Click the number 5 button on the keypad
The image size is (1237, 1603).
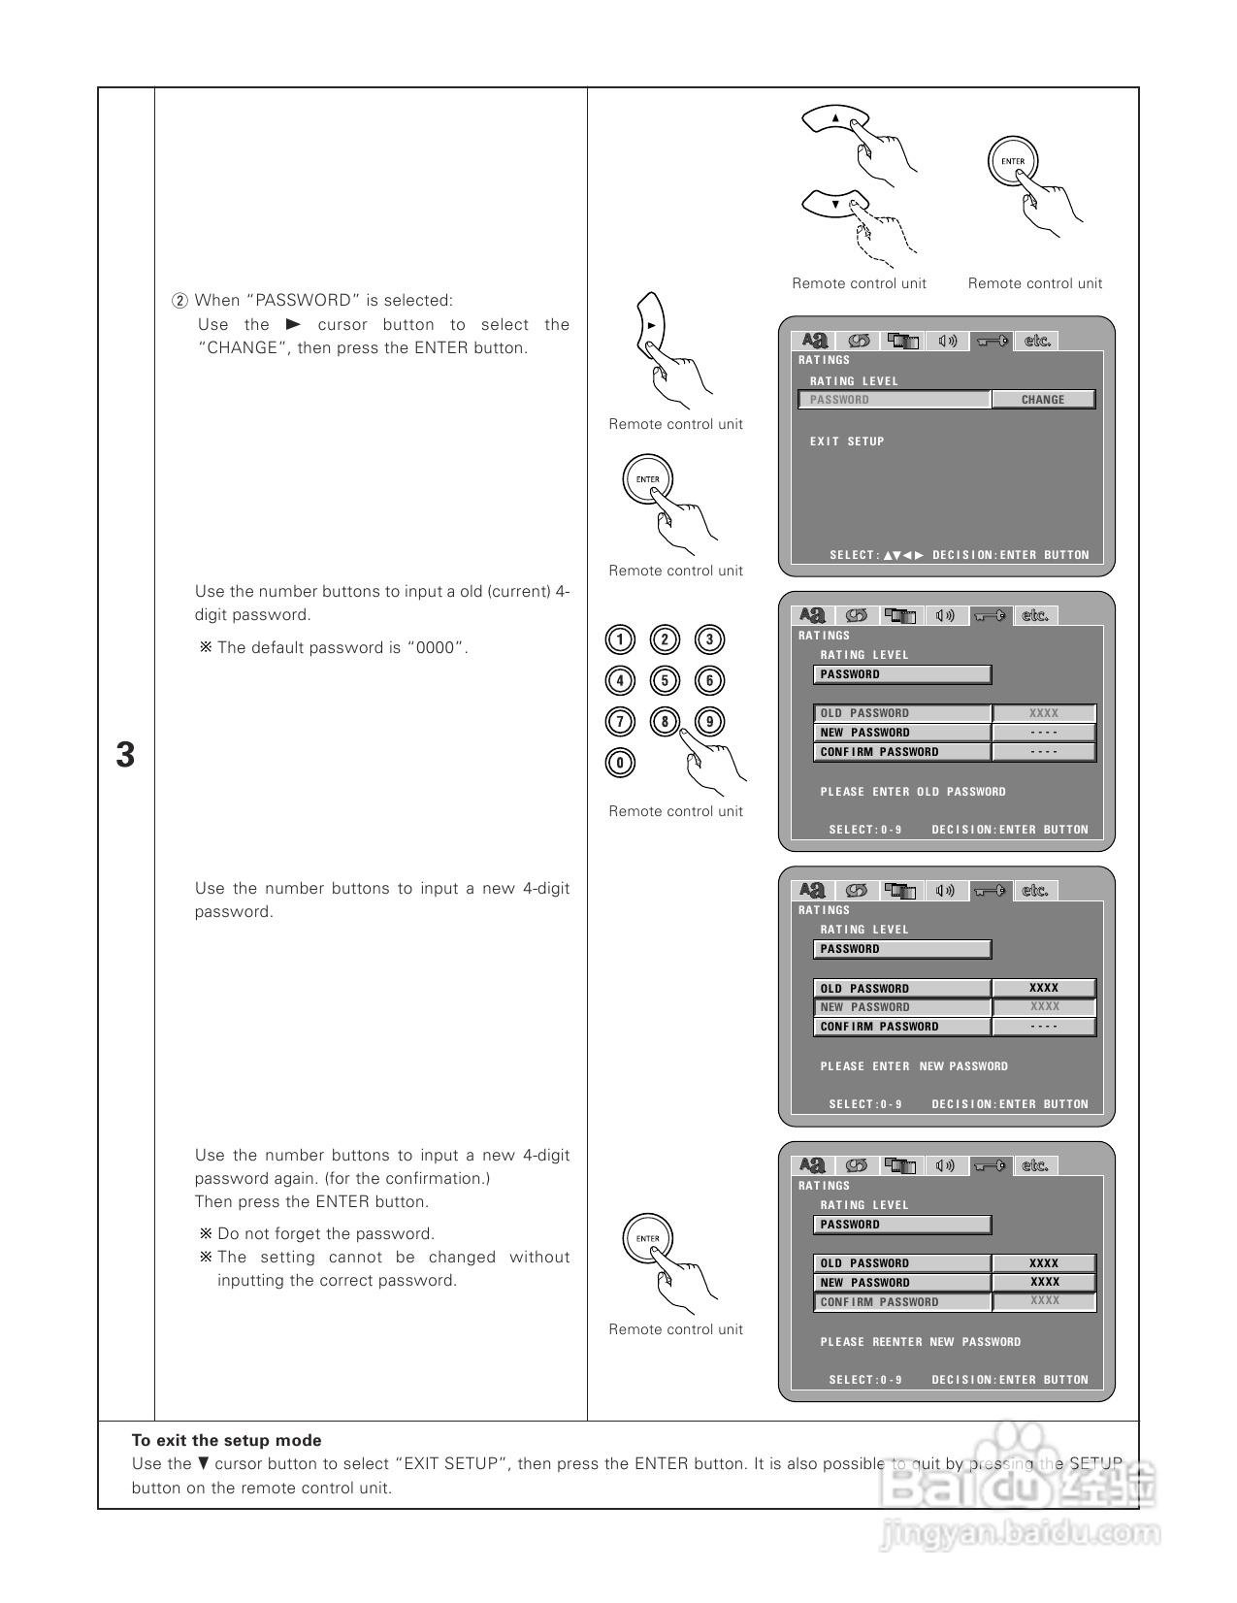click(x=665, y=680)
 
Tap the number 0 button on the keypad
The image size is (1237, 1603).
click(x=620, y=763)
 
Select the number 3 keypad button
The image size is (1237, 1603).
click(x=709, y=639)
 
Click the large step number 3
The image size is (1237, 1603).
click(x=125, y=755)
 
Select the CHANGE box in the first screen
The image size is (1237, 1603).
click(x=1043, y=400)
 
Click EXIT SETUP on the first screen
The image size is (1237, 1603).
click(x=847, y=442)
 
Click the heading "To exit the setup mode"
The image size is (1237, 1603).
click(x=226, y=1441)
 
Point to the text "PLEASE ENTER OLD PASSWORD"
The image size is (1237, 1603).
click(x=913, y=792)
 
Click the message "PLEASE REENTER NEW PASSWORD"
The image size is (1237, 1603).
click(x=921, y=1342)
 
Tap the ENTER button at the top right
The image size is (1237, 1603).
click(x=1013, y=162)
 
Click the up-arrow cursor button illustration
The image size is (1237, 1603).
click(x=835, y=119)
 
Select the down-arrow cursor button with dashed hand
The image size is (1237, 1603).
click(x=834, y=204)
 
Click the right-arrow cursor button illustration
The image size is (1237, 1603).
click(x=651, y=326)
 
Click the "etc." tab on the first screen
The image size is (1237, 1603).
click(x=1037, y=341)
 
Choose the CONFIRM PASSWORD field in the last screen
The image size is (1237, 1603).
click(x=902, y=1302)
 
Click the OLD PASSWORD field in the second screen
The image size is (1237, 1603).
click(x=902, y=713)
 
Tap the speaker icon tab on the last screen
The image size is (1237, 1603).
click(x=946, y=1165)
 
